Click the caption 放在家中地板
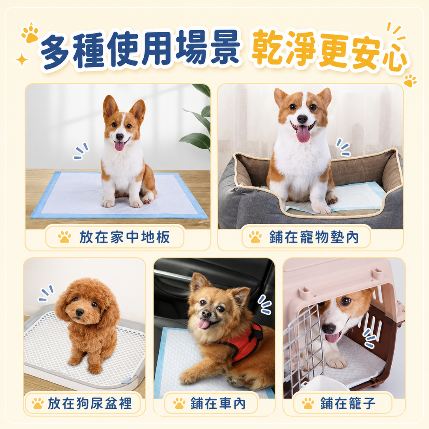(x=124, y=237)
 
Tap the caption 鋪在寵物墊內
(x=314, y=237)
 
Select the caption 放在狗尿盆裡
(x=90, y=403)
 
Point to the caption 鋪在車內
(x=218, y=403)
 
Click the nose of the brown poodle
(x=80, y=312)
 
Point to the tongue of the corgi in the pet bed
(x=303, y=134)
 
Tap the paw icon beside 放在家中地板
(x=65, y=237)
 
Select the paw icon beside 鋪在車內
(x=179, y=403)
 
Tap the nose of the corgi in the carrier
(x=329, y=328)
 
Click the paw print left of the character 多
(x=30, y=34)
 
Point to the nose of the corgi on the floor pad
(x=119, y=137)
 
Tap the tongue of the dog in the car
(x=203, y=324)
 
